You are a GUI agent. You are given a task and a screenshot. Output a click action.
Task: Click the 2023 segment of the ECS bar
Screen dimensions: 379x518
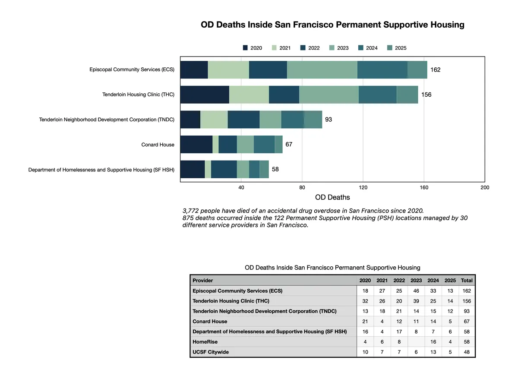click(322, 70)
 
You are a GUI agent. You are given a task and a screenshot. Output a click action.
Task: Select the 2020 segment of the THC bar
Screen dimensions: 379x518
click(205, 95)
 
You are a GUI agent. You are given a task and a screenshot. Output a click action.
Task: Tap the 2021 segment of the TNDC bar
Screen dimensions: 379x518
click(214, 120)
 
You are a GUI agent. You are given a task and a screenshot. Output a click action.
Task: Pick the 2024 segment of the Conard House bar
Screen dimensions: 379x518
click(264, 145)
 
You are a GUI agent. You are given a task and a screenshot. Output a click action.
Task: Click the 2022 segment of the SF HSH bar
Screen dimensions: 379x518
click(224, 169)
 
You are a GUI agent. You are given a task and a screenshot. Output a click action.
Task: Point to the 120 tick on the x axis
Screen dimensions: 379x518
click(363, 187)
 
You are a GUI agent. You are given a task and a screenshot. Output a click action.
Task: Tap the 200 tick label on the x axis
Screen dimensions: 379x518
click(485, 187)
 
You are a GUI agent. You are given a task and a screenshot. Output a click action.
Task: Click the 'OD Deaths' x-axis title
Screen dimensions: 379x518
click(332, 197)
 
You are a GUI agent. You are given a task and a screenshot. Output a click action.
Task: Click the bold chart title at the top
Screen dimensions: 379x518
click(332, 25)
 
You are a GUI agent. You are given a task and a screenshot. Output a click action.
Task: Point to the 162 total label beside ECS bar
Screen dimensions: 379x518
click(435, 70)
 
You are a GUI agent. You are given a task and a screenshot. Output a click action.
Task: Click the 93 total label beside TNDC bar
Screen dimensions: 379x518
click(328, 120)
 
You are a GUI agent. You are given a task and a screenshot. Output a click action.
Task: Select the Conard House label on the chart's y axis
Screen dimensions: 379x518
click(158, 145)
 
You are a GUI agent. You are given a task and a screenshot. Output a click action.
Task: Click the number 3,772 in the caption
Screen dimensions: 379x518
click(192, 211)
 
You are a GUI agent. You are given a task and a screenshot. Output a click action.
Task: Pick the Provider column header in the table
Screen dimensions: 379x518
click(203, 280)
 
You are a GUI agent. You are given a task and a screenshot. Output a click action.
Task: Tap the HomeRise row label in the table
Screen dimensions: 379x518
click(205, 342)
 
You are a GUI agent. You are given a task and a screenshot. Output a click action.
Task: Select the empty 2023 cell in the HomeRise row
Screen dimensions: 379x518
click(416, 342)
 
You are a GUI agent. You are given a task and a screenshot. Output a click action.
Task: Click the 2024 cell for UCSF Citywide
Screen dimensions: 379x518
click(433, 352)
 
